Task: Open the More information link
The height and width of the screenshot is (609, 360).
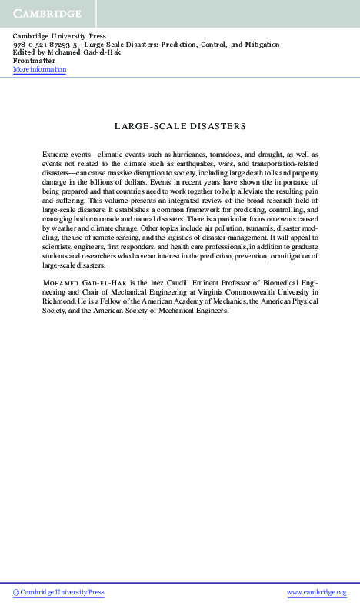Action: tap(40, 69)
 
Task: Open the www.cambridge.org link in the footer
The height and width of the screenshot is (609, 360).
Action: tap(316, 593)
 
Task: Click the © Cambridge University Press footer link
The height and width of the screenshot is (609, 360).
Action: tap(58, 593)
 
